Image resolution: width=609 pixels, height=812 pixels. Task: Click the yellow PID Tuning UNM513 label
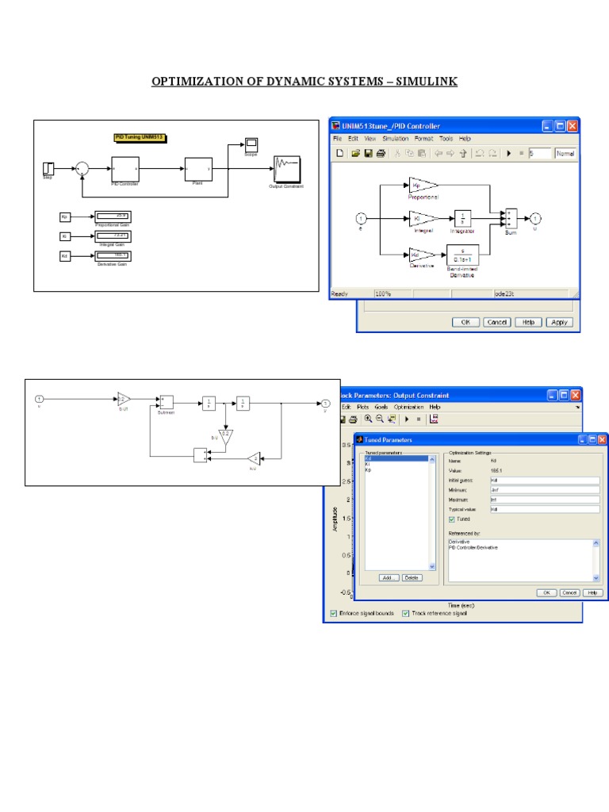(140, 137)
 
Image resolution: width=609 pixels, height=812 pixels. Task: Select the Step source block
(48, 168)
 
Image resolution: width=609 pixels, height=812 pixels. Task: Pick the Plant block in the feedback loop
(198, 168)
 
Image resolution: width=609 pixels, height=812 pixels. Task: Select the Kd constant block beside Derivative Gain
(65, 255)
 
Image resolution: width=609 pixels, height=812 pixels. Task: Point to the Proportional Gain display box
(112, 216)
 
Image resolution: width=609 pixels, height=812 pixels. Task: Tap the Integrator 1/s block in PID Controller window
(463, 219)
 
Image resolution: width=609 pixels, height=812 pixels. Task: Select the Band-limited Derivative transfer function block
(463, 255)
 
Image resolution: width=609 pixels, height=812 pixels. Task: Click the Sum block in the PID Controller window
(511, 218)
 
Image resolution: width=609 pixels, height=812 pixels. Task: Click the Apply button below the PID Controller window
(559, 322)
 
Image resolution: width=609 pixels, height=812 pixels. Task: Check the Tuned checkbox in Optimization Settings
(452, 519)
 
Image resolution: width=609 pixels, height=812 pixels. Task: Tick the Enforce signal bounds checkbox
(333, 613)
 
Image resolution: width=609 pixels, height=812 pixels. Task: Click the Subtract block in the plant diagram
(166, 403)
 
